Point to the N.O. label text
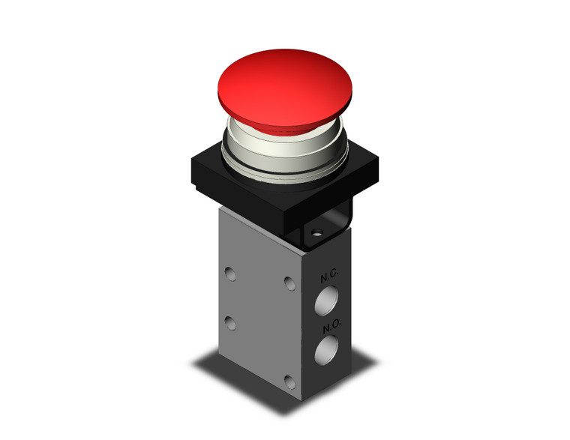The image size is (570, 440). point(331,328)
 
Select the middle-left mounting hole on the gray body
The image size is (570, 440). point(232,324)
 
